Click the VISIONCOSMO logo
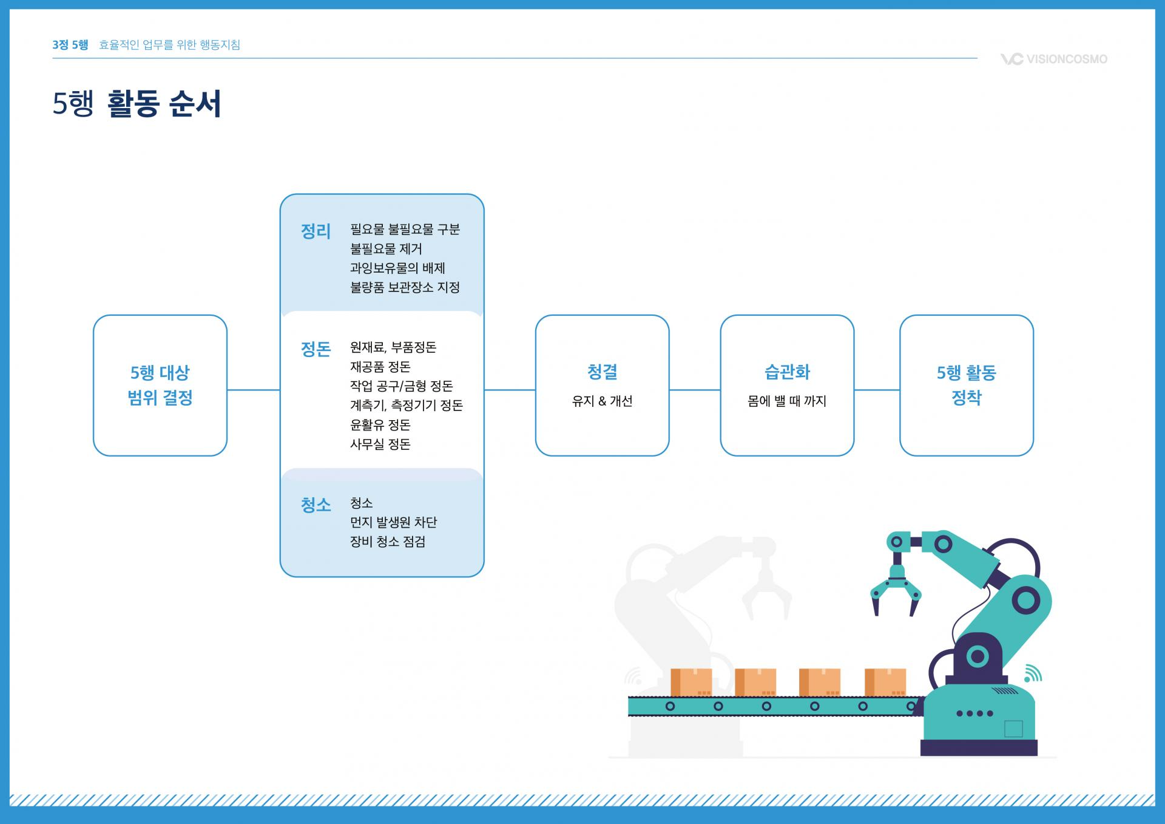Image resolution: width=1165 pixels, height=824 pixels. [x=1054, y=59]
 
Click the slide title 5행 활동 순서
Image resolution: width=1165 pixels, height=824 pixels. [x=137, y=104]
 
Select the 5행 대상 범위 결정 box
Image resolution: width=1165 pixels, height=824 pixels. [x=160, y=385]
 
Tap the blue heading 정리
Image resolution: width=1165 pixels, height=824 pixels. [x=316, y=231]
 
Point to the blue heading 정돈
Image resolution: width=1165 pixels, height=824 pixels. [x=316, y=349]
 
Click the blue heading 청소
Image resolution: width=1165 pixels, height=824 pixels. [x=316, y=505]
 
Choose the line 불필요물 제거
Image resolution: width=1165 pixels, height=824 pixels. [x=386, y=249]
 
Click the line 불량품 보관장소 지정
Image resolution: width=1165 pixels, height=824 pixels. [x=405, y=287]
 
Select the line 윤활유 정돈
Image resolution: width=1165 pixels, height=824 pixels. [x=380, y=424]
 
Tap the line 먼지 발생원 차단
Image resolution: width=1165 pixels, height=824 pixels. [x=393, y=522]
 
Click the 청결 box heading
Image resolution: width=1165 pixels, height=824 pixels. [x=602, y=372]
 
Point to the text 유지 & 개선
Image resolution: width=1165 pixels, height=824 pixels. [x=602, y=401]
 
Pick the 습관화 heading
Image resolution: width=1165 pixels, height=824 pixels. [x=787, y=372]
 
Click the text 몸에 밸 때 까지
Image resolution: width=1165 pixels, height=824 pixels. [x=787, y=401]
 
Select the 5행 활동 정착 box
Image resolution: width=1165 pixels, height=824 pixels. [x=966, y=385]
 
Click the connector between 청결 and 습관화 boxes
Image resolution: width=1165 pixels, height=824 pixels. [x=695, y=390]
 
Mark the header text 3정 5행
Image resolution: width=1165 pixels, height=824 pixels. [x=70, y=45]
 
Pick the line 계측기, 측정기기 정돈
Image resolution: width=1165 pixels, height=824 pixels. [x=407, y=405]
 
